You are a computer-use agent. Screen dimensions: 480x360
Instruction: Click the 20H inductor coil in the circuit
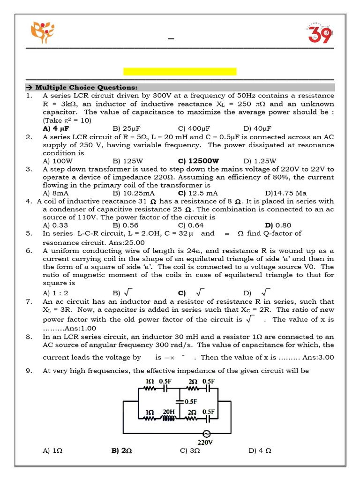(168, 419)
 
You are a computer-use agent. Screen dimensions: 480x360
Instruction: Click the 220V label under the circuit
(205, 442)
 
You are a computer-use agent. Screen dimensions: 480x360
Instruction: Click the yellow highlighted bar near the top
(180, 71)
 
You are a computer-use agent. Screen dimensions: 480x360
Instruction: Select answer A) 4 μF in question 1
(53, 128)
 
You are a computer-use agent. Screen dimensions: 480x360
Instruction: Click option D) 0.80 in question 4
(278, 225)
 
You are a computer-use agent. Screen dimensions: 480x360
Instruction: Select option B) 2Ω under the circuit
(121, 450)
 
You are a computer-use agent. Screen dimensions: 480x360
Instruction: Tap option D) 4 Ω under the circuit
(260, 450)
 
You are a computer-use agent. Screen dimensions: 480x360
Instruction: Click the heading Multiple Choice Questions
(86, 88)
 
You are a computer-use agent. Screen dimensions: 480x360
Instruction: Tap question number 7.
(29, 302)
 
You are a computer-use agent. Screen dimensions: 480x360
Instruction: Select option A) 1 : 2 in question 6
(56, 293)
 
